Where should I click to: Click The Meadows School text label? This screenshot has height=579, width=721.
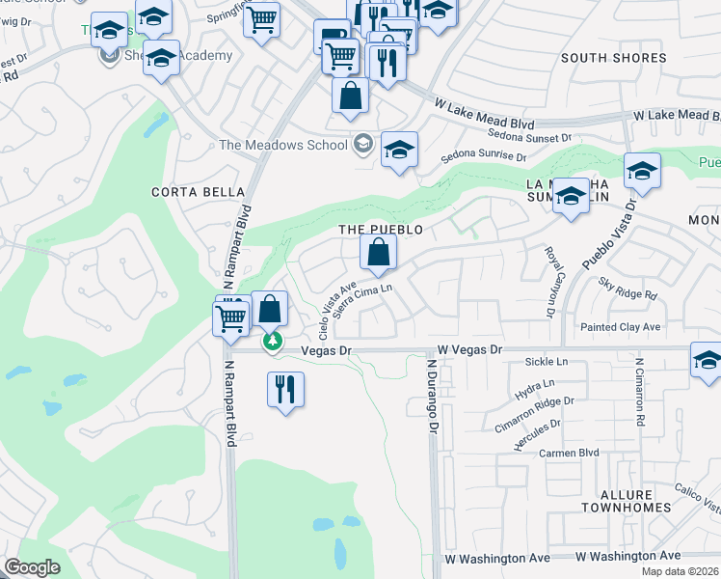[282, 146]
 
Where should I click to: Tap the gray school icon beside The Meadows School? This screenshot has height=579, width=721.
[362, 145]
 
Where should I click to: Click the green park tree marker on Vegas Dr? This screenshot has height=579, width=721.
[274, 341]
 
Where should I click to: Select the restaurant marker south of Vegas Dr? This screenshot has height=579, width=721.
[284, 389]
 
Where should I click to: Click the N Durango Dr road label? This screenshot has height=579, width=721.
[434, 396]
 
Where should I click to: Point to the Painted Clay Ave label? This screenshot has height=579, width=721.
[620, 328]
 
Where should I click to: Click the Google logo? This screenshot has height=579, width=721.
[32, 568]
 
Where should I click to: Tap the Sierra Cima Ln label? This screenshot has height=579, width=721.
[361, 299]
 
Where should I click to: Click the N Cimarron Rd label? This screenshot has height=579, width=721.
[638, 395]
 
